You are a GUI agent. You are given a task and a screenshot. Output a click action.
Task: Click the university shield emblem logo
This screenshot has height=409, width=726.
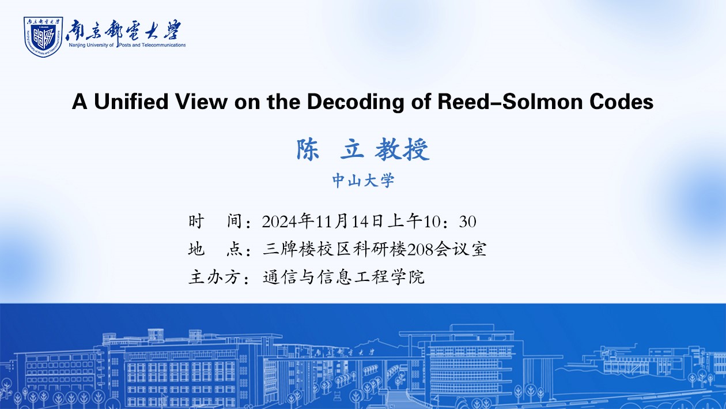pyautogui.click(x=43, y=37)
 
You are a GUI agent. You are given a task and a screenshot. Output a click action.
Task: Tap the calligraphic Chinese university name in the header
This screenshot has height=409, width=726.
pyautogui.click(x=123, y=30)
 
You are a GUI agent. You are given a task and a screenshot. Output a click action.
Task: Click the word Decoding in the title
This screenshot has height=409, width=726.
pyautogui.click(x=355, y=102)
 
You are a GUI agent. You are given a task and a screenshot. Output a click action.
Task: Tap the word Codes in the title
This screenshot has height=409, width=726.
pyautogui.click(x=621, y=102)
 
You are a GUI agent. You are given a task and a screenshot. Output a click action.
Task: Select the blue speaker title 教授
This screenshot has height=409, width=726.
pyautogui.click(x=402, y=149)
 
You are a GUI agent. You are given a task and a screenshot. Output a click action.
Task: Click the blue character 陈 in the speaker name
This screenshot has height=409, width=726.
pyautogui.click(x=308, y=149)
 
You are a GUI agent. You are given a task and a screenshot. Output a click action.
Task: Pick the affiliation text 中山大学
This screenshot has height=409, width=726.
pyautogui.click(x=363, y=181)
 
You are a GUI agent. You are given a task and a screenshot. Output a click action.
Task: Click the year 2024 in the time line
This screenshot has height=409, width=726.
pyautogui.click(x=279, y=222)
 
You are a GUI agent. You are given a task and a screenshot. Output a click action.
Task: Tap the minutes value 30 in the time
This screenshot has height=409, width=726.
pyautogui.click(x=467, y=222)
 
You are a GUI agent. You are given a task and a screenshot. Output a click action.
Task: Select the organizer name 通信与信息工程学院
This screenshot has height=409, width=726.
pyautogui.click(x=343, y=277)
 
